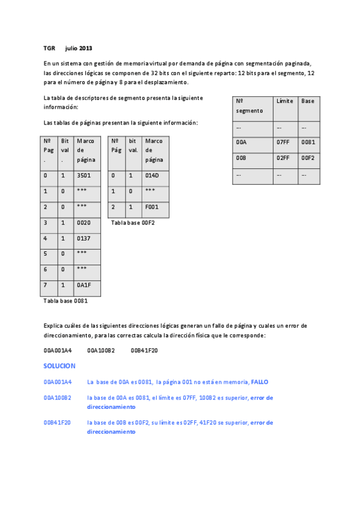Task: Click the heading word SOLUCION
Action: point(59,366)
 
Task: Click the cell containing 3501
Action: point(84,176)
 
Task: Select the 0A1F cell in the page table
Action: point(84,284)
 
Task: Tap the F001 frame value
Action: point(151,206)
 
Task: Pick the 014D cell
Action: point(151,176)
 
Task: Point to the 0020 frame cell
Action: point(84,222)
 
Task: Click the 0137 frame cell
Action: point(84,238)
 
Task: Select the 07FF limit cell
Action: point(283,143)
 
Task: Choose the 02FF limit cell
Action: point(283,158)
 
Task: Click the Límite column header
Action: point(285,101)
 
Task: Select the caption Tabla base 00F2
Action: point(133,223)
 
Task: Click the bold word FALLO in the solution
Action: point(260,382)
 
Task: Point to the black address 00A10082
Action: point(101,350)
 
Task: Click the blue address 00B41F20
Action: point(57,423)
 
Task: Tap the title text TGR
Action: point(49,48)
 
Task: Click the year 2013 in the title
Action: point(85,48)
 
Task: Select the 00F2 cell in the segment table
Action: point(308,158)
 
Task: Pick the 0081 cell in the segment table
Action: point(308,143)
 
